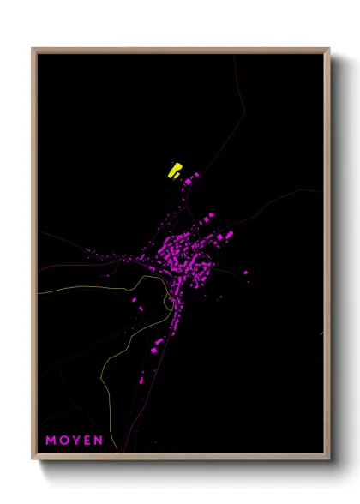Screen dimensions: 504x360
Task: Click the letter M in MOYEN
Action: [x=51, y=441]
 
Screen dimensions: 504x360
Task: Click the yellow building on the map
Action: [x=175, y=170]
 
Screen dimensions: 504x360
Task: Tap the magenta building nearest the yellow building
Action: [x=188, y=181]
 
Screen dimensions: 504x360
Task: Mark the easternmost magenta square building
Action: [x=247, y=272]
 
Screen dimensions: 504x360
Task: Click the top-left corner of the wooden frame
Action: [x=33, y=50]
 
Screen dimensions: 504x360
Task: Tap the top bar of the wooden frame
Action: [x=180, y=50]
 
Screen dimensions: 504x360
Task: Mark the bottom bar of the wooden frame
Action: [x=180, y=457]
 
